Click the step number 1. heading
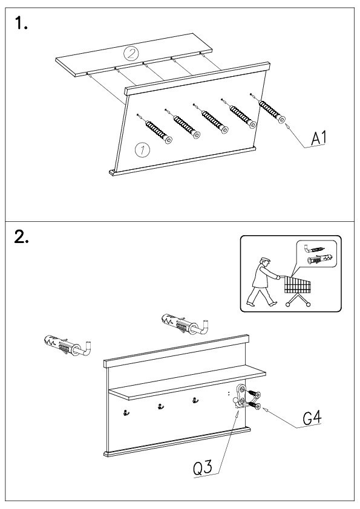click(x=21, y=24)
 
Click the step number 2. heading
click(x=21, y=237)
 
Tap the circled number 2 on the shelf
click(x=131, y=53)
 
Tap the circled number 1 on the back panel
click(x=142, y=150)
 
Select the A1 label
click(x=318, y=138)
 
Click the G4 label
click(x=312, y=418)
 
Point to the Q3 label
click(x=203, y=468)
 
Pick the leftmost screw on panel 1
click(x=155, y=129)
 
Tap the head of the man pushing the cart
click(x=265, y=261)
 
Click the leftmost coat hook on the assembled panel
click(x=126, y=413)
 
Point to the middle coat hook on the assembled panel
click(x=160, y=406)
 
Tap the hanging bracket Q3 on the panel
click(x=240, y=397)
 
